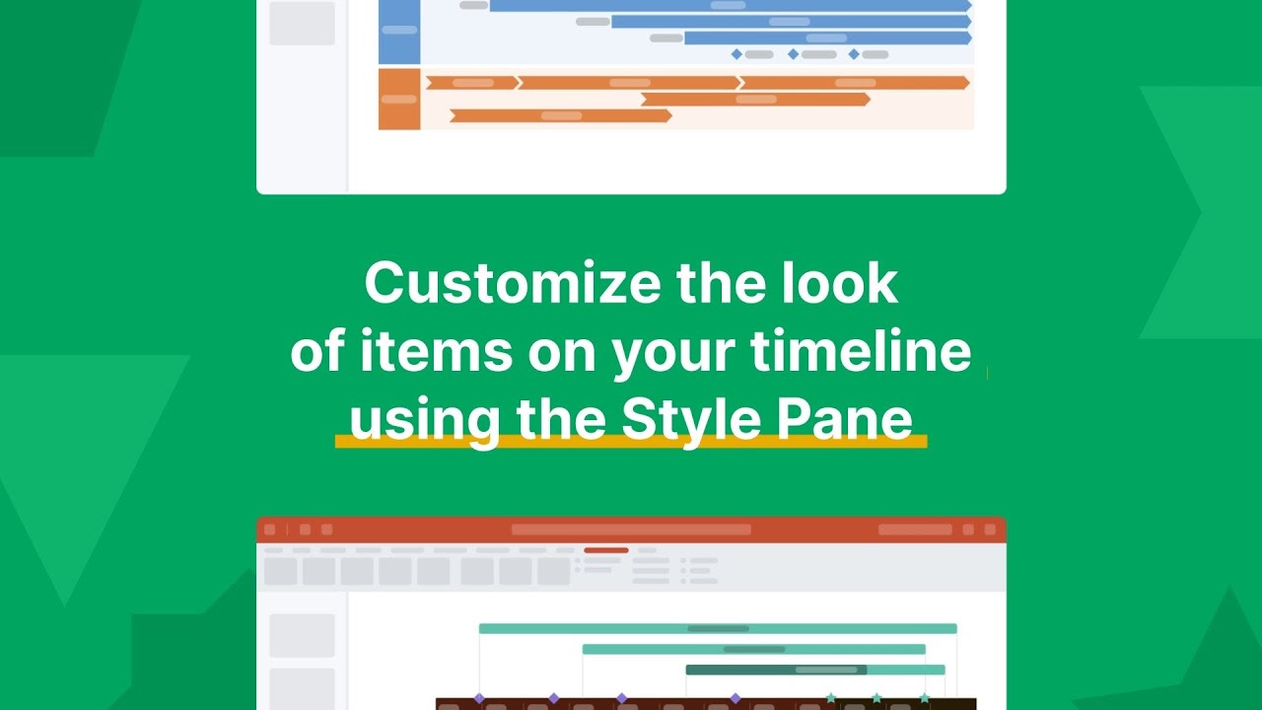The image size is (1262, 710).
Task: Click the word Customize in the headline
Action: point(513,284)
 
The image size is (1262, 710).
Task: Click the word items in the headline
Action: point(411,353)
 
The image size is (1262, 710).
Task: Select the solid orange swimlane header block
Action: point(399,99)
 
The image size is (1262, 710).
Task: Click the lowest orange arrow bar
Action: point(560,115)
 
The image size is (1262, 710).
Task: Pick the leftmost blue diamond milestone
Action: point(736,54)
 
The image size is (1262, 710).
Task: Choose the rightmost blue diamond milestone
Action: point(854,54)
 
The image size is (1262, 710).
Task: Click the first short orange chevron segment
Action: point(471,83)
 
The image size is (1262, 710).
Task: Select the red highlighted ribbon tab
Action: point(605,550)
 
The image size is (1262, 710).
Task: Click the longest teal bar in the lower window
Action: point(718,628)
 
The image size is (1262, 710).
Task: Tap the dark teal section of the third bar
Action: point(775,670)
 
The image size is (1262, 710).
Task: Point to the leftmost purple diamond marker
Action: point(479,697)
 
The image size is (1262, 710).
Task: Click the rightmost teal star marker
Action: point(925,697)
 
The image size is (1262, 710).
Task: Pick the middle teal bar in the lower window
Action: point(754,649)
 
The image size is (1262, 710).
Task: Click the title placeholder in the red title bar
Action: point(631,530)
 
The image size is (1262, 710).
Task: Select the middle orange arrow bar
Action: point(755,99)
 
